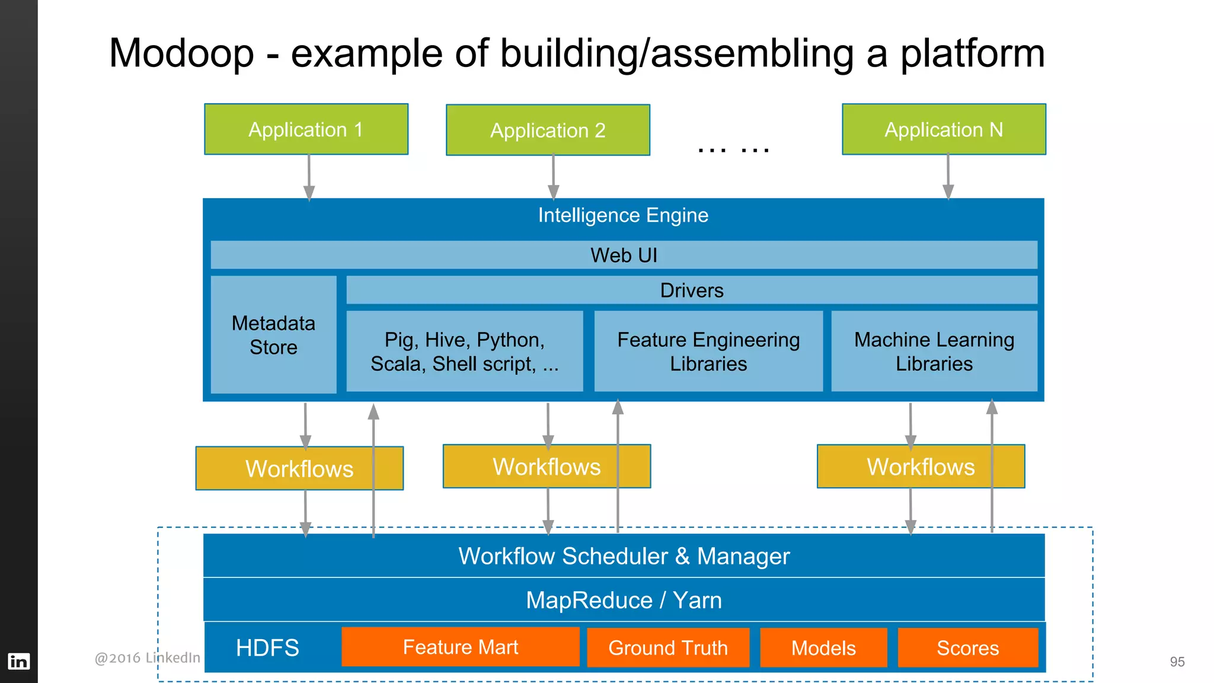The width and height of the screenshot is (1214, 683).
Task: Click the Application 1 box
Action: [x=306, y=129]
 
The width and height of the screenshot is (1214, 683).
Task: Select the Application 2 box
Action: [x=548, y=130]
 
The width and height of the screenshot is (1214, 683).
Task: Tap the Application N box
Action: [x=944, y=129]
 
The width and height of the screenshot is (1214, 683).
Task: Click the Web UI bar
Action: [x=624, y=255]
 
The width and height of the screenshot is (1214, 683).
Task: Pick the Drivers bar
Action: [x=691, y=290]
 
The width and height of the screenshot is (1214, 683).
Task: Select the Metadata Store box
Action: [x=273, y=335]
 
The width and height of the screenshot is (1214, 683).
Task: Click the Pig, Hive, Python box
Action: [x=464, y=351]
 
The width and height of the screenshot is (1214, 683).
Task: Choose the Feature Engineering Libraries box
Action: [x=708, y=351]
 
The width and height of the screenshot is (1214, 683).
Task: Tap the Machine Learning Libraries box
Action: [x=934, y=351]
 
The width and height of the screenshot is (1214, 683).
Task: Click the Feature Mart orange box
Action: [x=460, y=647]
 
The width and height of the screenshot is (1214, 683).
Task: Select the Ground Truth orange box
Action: [x=668, y=647]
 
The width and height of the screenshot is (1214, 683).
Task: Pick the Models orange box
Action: [x=823, y=647]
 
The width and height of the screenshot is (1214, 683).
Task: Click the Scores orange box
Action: [x=967, y=647]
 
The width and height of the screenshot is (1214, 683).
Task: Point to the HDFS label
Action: [x=267, y=647]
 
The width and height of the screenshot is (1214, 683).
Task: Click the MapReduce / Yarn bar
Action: [x=624, y=600]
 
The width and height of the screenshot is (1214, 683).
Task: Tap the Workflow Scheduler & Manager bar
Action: [x=624, y=556]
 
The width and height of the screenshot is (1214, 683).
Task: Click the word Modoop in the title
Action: [x=181, y=53]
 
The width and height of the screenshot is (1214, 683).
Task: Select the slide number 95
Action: [x=1177, y=662]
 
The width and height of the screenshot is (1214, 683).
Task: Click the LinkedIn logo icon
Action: [x=18, y=661]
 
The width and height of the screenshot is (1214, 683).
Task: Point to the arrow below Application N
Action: [x=948, y=177]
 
